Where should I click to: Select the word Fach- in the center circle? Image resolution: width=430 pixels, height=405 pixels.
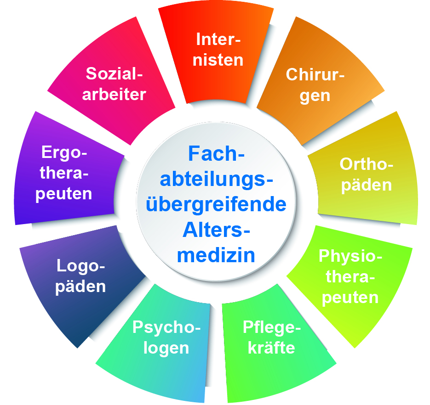[216, 154]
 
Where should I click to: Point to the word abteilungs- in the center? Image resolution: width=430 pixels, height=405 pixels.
[216, 179]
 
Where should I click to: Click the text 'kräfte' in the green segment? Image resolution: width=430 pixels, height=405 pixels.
[271, 348]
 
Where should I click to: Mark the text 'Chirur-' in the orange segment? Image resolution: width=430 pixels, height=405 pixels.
[315, 74]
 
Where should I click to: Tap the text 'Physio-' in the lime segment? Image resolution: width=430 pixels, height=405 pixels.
[350, 256]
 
